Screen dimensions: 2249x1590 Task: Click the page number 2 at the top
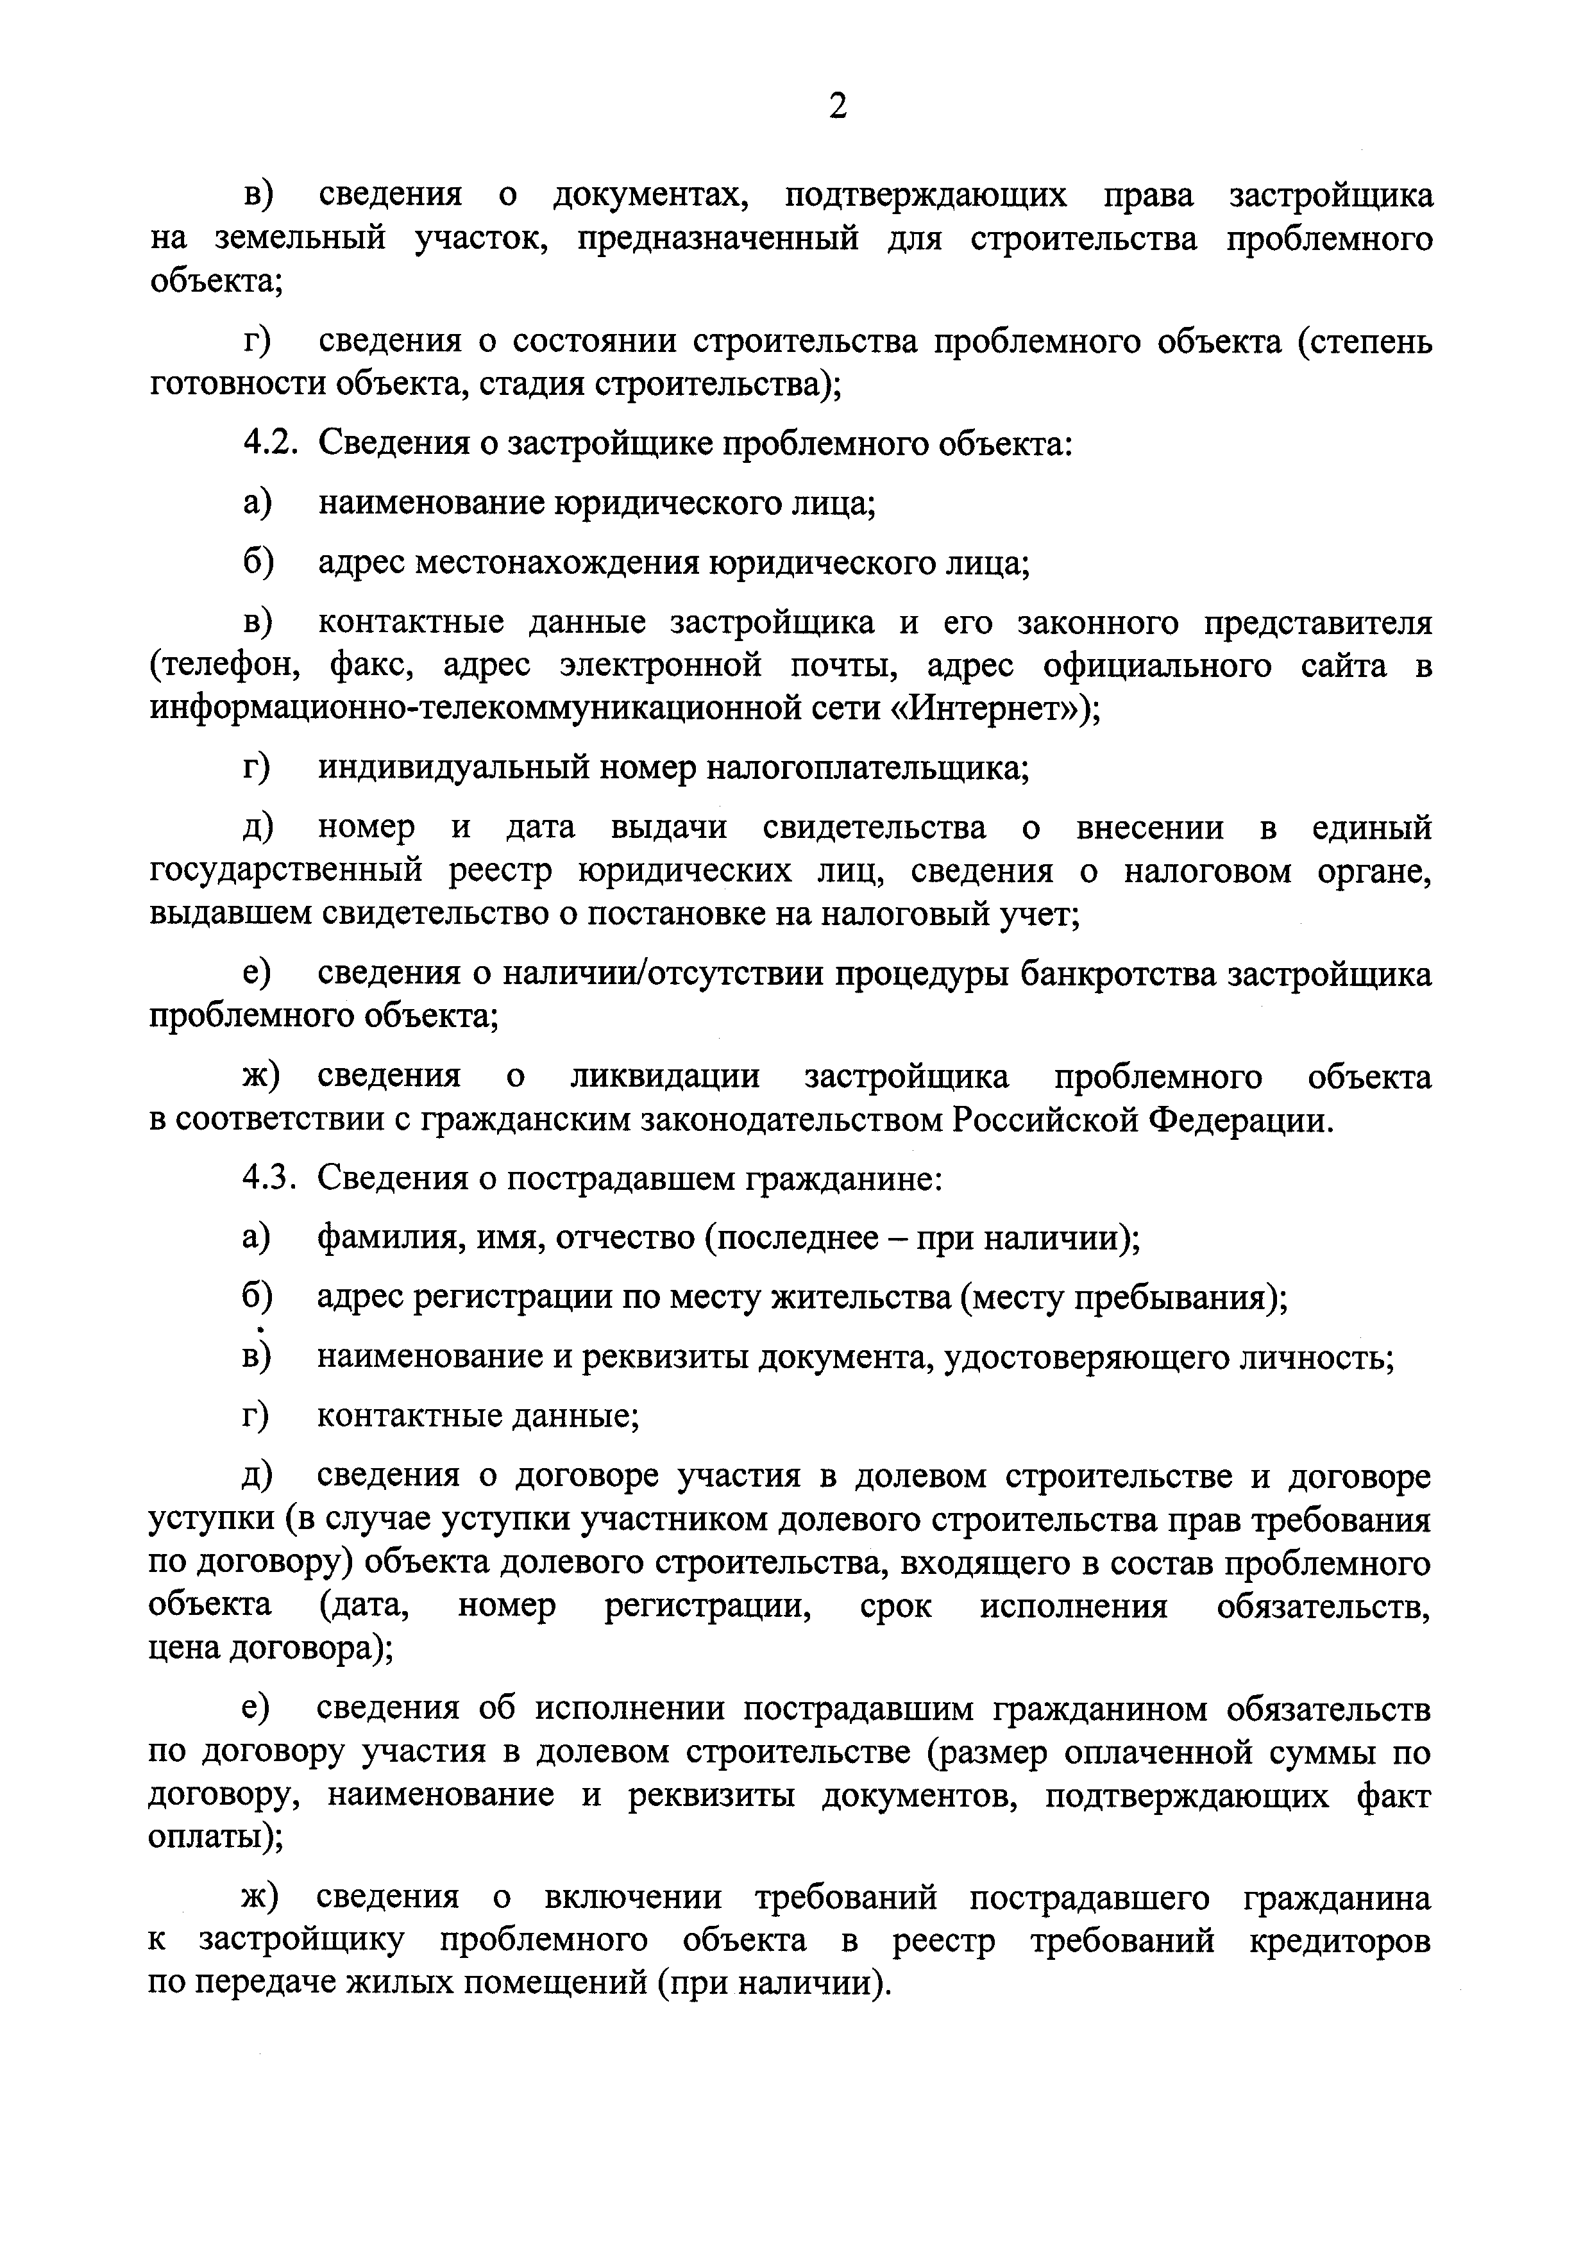836,106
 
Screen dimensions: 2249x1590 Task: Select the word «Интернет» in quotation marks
988,708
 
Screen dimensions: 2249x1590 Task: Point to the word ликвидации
665,1076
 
